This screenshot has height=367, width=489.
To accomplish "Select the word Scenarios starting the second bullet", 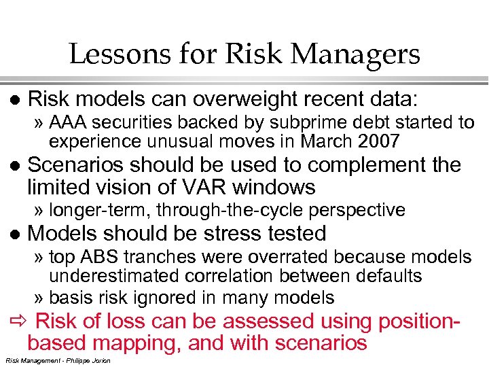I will pyautogui.click(x=81, y=165).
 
